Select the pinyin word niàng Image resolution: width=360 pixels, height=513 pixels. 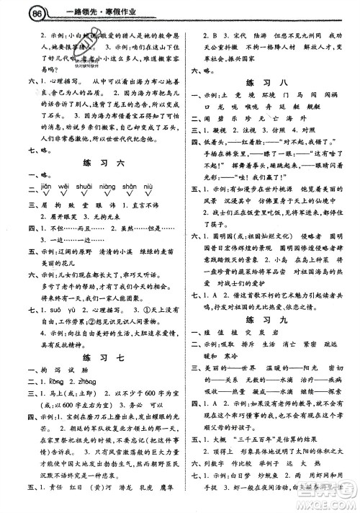108,187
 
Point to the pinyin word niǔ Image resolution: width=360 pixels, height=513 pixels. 148,187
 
